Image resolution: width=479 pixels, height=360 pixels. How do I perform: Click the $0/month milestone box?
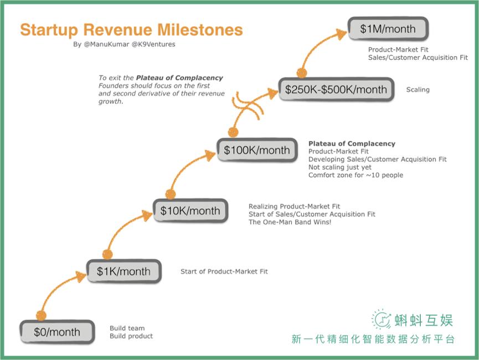pyautogui.click(x=57, y=332)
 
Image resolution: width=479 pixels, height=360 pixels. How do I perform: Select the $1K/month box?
pyautogui.click(x=123, y=271)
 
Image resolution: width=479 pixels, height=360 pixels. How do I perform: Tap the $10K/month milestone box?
pyautogui.click(x=190, y=210)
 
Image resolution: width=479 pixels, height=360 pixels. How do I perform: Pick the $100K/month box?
pyautogui.click(x=257, y=150)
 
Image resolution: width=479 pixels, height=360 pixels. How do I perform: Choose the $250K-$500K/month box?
pyautogui.click(x=336, y=89)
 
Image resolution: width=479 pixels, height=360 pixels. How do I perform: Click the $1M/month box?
pyautogui.click(x=388, y=29)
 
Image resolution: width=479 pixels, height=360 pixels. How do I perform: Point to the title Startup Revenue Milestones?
pyautogui.click(x=131, y=30)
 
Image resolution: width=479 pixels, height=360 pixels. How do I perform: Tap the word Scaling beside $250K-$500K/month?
pyautogui.click(x=418, y=90)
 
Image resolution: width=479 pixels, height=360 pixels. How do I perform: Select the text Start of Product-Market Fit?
pyautogui.click(x=224, y=271)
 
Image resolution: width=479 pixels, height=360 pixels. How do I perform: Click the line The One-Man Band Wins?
pyautogui.click(x=290, y=222)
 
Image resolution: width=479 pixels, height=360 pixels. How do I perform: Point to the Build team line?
pyautogui.click(x=127, y=328)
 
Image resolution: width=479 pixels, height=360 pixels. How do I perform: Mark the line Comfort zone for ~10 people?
pyautogui.click(x=356, y=175)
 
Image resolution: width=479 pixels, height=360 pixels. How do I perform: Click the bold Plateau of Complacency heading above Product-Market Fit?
pyautogui.click(x=352, y=143)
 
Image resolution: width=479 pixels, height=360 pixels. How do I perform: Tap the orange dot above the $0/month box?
pyautogui.click(x=41, y=315)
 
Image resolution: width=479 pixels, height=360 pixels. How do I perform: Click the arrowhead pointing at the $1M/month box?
pyautogui.click(x=342, y=34)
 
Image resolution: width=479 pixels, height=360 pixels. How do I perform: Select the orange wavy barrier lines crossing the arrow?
pyautogui.click(x=246, y=105)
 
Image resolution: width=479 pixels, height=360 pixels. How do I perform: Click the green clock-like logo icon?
pyautogui.click(x=381, y=320)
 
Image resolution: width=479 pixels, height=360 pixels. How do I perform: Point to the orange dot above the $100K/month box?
pyautogui.click(x=233, y=132)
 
